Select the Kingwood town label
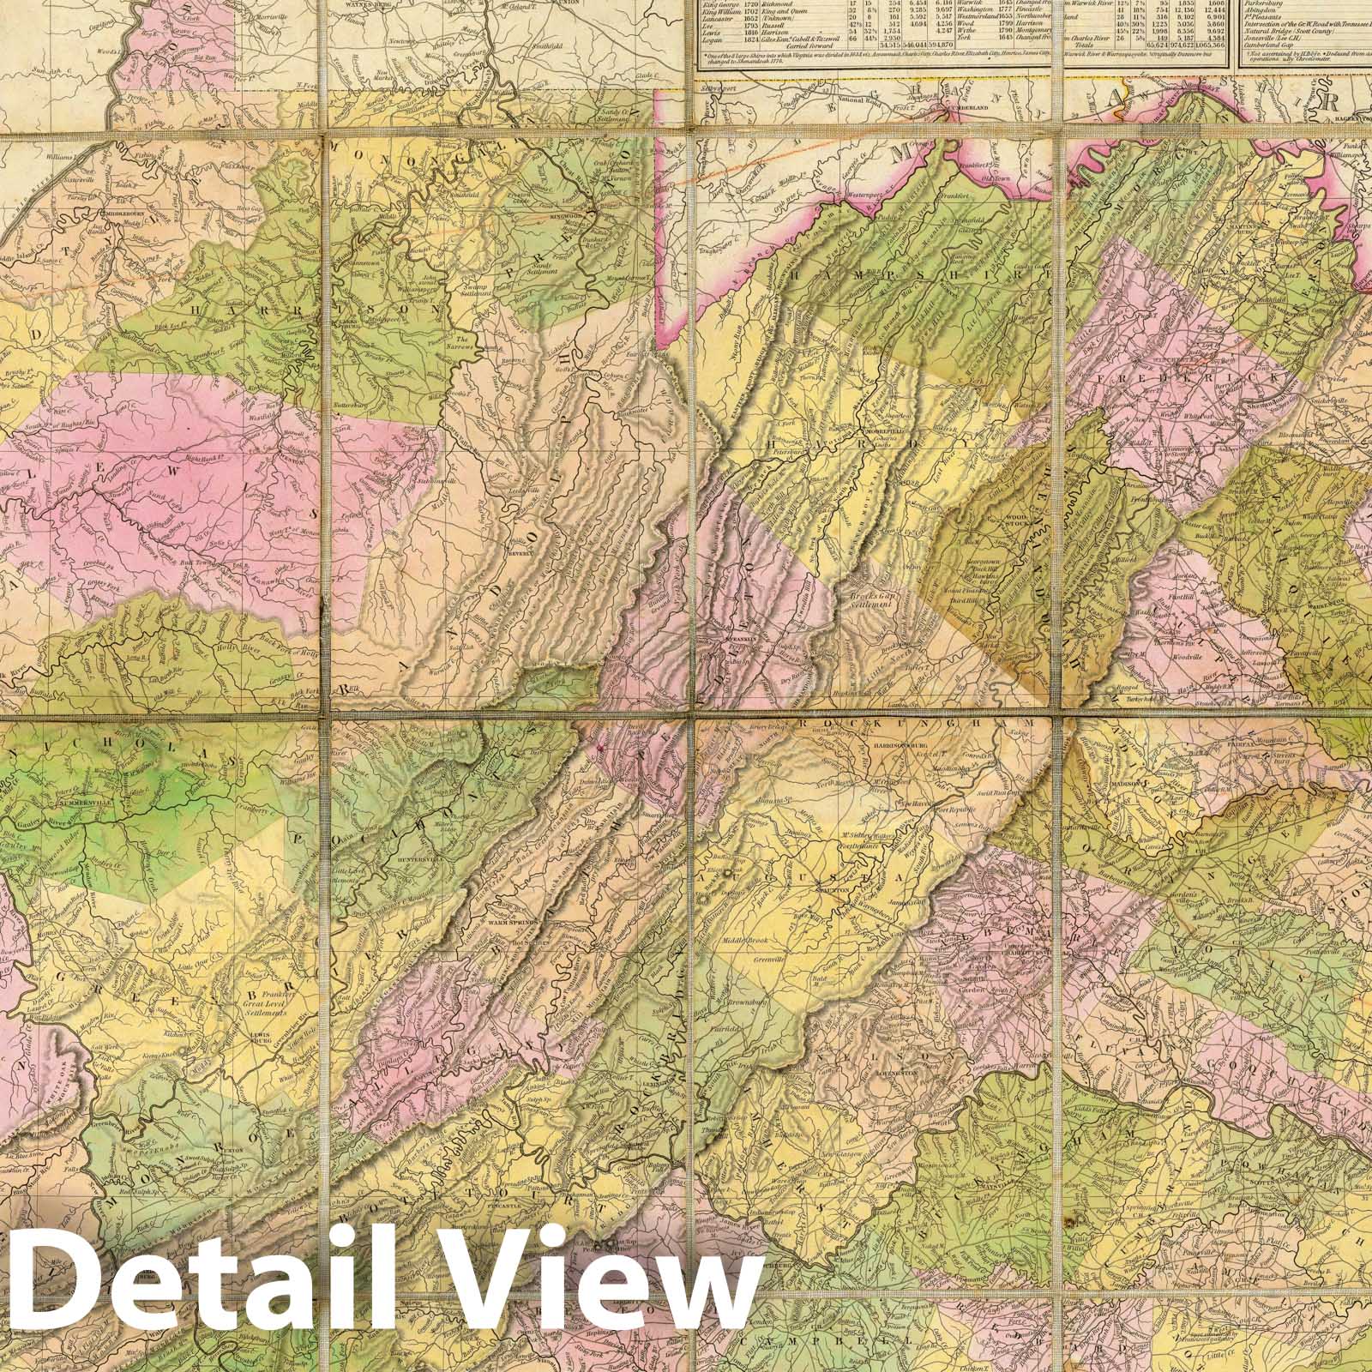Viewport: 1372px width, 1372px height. click(584, 216)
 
